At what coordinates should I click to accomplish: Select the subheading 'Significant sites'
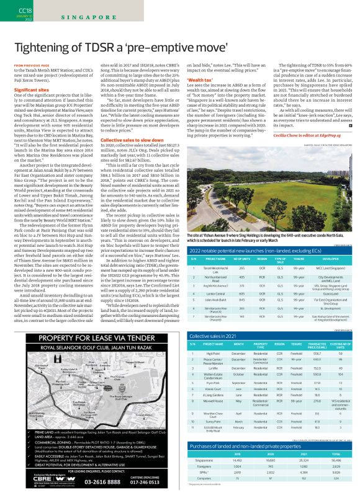[30, 89]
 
